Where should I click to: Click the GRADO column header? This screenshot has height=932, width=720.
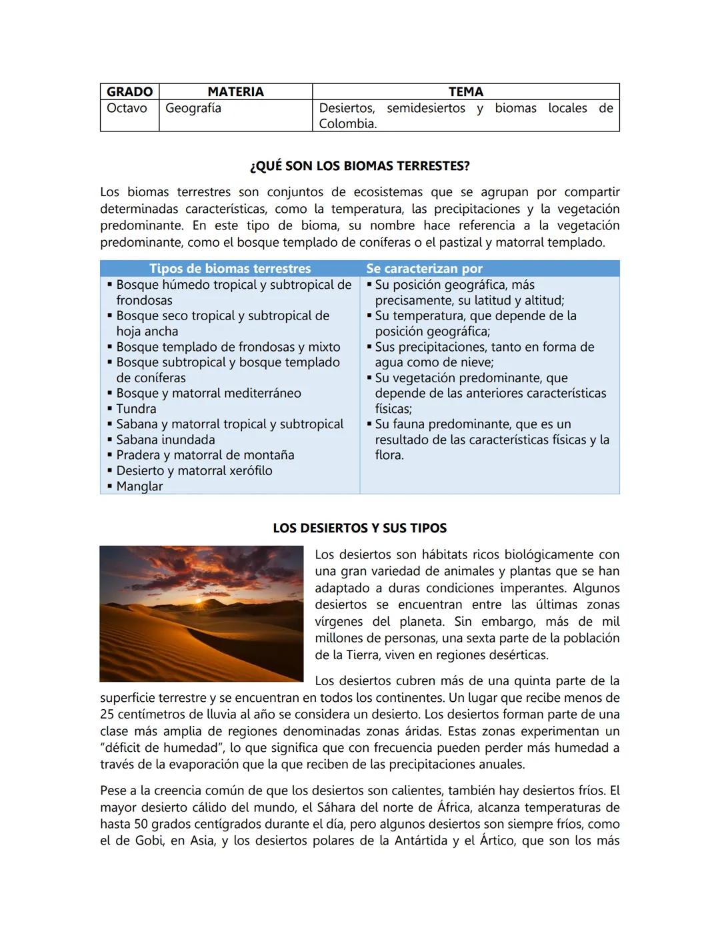pyautogui.click(x=129, y=92)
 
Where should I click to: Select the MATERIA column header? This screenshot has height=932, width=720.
pyautogui.click(x=235, y=92)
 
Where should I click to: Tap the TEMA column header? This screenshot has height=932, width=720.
pyautogui.click(x=465, y=92)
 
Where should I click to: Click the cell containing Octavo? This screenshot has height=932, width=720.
pyautogui.click(x=127, y=108)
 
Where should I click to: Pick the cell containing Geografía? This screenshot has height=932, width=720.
pyautogui.click(x=193, y=108)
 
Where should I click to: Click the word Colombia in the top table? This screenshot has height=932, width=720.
pyautogui.click(x=346, y=123)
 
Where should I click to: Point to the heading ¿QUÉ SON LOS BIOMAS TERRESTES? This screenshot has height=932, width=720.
pyautogui.click(x=359, y=166)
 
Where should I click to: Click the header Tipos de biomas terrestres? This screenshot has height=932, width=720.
pyautogui.click(x=229, y=269)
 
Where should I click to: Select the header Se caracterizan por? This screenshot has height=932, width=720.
pyautogui.click(x=424, y=269)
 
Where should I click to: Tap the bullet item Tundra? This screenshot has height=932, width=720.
pyautogui.click(x=136, y=409)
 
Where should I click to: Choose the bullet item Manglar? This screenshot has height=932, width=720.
pyautogui.click(x=139, y=486)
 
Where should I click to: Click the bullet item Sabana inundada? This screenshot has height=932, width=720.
pyautogui.click(x=165, y=440)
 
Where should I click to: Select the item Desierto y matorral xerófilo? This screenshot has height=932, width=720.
pyautogui.click(x=194, y=471)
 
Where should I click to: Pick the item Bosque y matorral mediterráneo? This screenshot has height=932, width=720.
pyautogui.click(x=208, y=394)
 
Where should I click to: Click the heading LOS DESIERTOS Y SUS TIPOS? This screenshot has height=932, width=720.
pyautogui.click(x=359, y=528)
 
